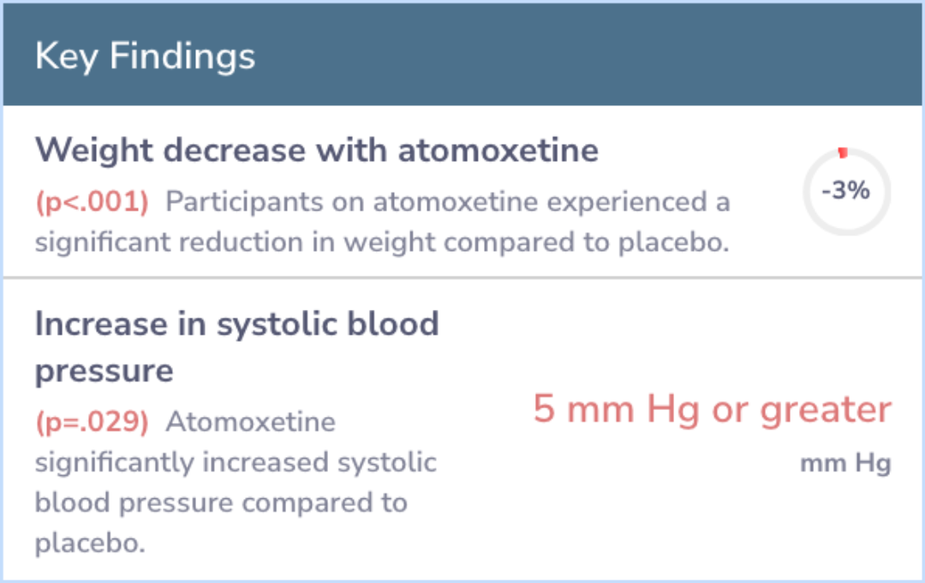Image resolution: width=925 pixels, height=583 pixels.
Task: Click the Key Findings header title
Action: (145, 57)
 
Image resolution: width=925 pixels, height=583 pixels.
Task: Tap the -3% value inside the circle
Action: (845, 190)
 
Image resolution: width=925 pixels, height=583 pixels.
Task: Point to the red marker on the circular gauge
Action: (843, 152)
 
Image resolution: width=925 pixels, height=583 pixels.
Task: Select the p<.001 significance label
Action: (92, 202)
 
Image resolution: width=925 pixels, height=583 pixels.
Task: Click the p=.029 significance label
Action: (92, 422)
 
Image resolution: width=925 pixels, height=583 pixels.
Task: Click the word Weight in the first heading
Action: (94, 151)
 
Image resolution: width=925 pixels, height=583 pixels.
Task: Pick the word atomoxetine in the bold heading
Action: (498, 151)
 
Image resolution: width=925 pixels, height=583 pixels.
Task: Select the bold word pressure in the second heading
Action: (104, 372)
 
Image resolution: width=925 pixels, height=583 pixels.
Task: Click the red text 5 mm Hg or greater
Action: (712, 409)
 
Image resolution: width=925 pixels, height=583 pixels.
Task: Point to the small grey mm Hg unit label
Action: (845, 464)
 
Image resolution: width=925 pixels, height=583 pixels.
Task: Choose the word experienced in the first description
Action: (627, 202)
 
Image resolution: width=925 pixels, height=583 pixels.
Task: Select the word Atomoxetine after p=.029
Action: (251, 422)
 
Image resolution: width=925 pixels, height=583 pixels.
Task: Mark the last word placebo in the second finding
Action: (90, 542)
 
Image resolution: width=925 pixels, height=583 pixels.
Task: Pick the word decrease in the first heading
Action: (235, 151)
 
